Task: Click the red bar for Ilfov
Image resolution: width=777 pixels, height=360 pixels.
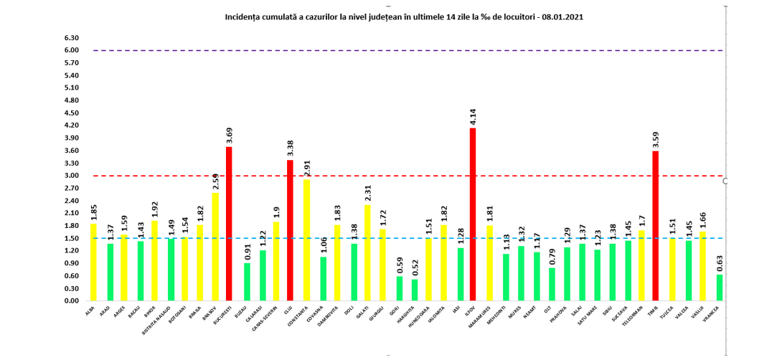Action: pyautogui.click(x=473, y=215)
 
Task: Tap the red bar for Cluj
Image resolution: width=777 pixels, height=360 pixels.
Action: pyautogui.click(x=290, y=230)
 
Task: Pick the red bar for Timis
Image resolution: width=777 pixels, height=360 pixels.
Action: pyautogui.click(x=655, y=226)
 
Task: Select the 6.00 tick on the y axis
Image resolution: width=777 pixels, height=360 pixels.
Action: pyautogui.click(x=72, y=50)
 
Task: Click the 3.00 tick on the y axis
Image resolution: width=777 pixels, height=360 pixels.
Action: pyautogui.click(x=72, y=176)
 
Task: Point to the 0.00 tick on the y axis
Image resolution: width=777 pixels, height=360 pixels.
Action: pyautogui.click(x=72, y=301)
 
